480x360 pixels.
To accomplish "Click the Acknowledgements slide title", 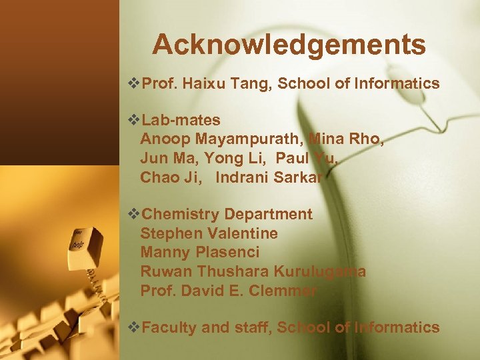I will pos(289,45).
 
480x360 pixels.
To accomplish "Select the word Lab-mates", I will pos(181,120).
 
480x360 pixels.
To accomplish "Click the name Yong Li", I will pos(233,159).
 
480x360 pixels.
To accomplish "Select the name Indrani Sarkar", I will pos(269,177).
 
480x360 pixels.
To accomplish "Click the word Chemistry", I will pos(181,215).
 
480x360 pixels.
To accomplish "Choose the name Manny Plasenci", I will pos(200,252).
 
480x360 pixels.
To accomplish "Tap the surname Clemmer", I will pos(283,291).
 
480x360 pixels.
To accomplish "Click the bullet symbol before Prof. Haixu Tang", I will pos(133,84).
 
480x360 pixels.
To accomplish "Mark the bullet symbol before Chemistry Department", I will pos(133,215).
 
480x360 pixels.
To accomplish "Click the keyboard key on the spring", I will pos(85,242).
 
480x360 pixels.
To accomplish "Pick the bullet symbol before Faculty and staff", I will pos(133,327).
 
